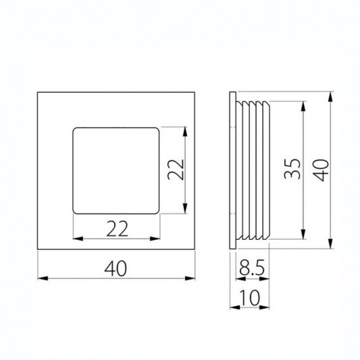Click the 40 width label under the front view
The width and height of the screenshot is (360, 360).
(x=115, y=268)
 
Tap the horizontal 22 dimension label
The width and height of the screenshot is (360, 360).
(x=117, y=229)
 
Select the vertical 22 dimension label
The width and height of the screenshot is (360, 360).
(x=176, y=170)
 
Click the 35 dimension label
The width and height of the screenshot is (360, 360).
(x=292, y=169)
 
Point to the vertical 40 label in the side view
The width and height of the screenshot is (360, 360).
(x=321, y=170)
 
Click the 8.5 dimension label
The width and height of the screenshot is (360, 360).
(x=252, y=267)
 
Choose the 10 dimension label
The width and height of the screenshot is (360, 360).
(x=249, y=298)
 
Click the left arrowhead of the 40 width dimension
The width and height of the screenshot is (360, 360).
(x=43, y=278)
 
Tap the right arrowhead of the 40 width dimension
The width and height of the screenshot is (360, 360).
(x=190, y=278)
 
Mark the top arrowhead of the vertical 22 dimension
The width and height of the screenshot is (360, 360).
(x=185, y=132)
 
